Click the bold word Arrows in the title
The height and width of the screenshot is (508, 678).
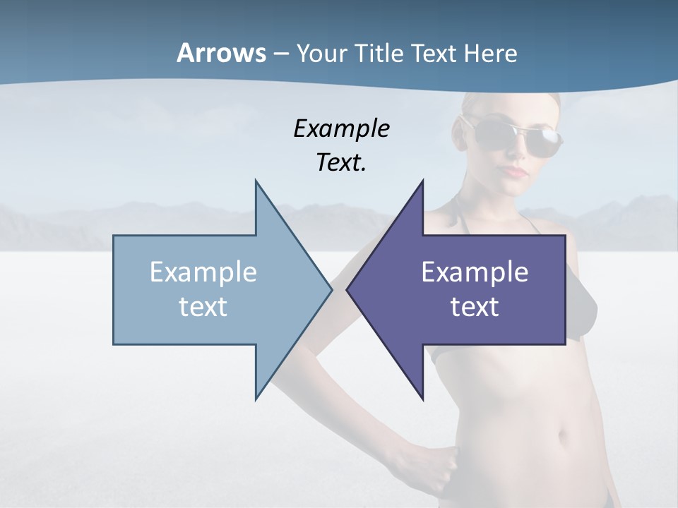(220, 53)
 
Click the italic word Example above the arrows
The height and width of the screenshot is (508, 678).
(341, 129)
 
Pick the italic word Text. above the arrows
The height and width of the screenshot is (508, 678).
(341, 163)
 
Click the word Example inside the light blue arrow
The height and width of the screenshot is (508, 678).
(203, 272)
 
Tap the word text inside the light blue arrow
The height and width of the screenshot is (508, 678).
(203, 307)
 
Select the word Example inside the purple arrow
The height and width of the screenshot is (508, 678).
(475, 272)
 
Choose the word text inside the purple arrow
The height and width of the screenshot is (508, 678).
(475, 307)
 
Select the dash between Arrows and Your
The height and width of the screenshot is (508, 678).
(280, 53)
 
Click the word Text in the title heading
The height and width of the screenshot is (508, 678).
(433, 53)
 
